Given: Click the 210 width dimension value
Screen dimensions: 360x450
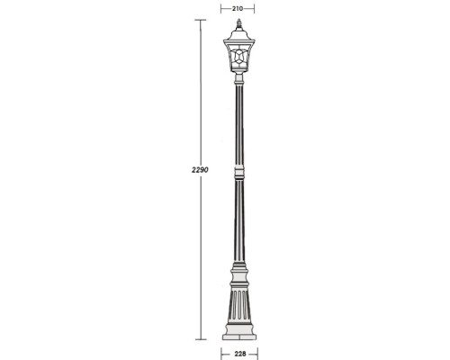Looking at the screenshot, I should tap(238, 7).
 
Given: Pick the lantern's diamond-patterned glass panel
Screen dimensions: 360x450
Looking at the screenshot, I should tap(238, 59).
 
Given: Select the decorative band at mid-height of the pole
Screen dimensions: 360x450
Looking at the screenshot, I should tap(238, 170).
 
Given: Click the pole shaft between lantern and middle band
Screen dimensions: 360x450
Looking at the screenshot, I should tap(238, 126).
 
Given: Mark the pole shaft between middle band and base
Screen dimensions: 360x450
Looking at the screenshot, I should tap(238, 220).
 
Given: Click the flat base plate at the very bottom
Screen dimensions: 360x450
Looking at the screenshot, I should tap(238, 338).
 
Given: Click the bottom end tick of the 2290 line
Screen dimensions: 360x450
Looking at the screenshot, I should tap(198, 341).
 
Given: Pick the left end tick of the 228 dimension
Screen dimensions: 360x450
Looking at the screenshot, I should tap(221, 353).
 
